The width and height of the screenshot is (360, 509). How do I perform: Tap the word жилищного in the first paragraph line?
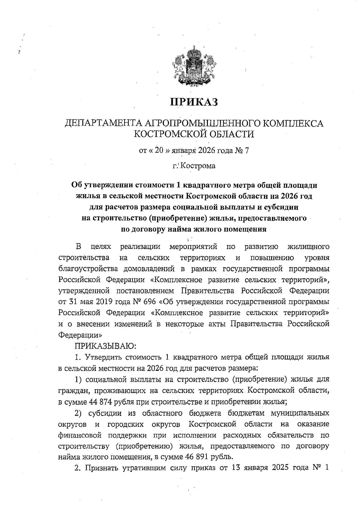(x=308, y=247)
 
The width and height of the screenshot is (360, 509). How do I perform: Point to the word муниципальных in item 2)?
(x=300, y=413)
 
